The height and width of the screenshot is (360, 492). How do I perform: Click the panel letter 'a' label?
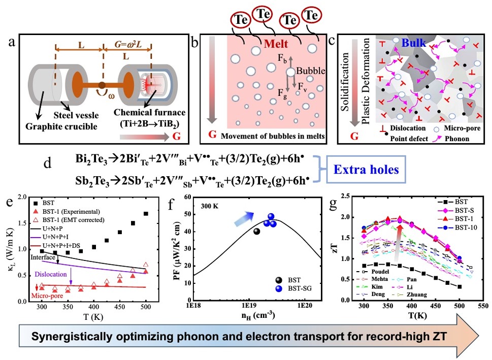pos(11,43)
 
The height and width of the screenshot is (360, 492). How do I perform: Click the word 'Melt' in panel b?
pos(276,44)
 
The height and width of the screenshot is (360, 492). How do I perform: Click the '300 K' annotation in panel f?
pos(205,208)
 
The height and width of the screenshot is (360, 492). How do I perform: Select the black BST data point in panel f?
pos(256,232)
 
